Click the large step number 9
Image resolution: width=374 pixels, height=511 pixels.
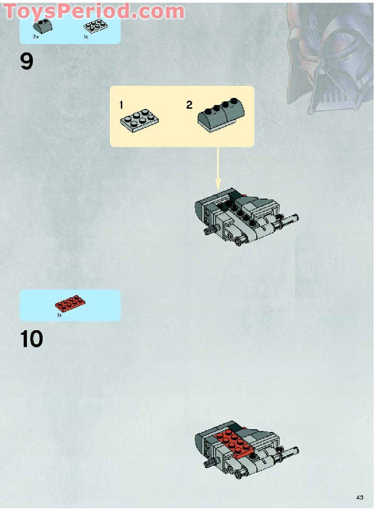pos(26,62)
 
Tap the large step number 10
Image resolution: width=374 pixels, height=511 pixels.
pos(31,339)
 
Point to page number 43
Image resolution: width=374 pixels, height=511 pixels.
pos(360,497)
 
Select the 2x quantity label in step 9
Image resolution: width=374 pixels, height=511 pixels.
pos(36,36)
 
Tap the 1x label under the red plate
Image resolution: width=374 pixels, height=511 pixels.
pos(59,315)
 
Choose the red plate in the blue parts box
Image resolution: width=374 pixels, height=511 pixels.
pos(70,303)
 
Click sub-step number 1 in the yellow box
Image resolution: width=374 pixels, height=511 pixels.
pos(121,105)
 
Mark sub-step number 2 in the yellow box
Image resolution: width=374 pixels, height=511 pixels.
pos(189,105)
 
